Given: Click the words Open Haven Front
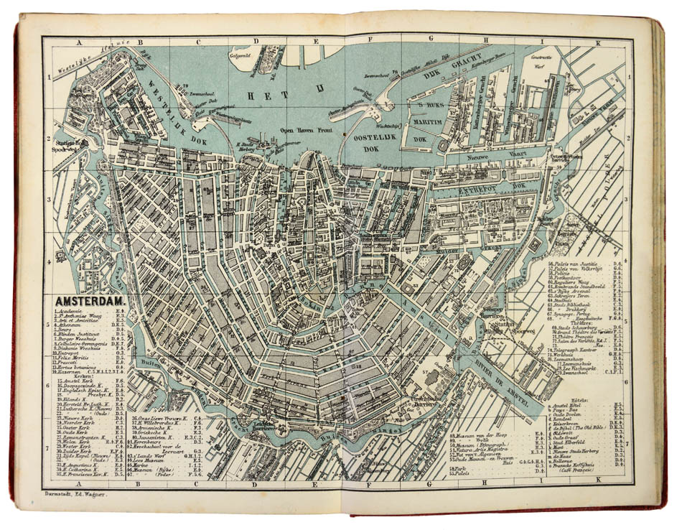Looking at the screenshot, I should point(307,130).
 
